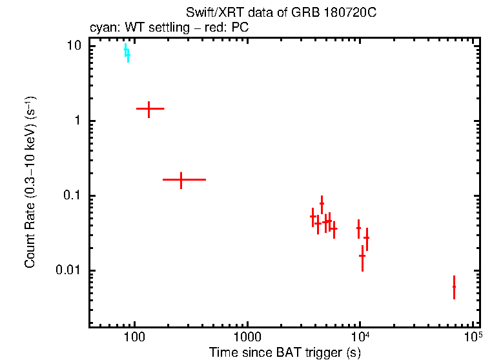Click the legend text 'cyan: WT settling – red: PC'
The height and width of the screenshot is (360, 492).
coord(169,28)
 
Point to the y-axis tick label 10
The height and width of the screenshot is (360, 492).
coord(74,46)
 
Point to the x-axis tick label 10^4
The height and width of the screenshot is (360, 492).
coord(360,337)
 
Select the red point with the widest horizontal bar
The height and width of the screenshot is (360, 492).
coord(181,179)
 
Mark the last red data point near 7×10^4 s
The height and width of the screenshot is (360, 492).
coord(454,286)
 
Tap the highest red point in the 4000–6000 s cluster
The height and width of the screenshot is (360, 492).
coord(322,203)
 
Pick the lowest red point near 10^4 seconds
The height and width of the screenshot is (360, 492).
coord(362,256)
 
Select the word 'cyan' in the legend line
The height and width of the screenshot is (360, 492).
coord(99,28)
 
